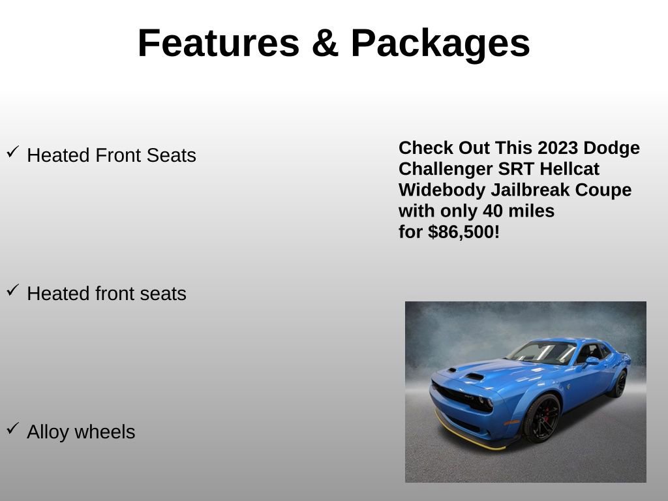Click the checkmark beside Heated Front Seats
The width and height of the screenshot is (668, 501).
click(x=12, y=152)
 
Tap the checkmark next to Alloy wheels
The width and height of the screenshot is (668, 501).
click(x=12, y=429)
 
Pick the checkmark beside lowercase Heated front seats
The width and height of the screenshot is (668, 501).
click(x=12, y=290)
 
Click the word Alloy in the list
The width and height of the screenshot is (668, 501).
click(x=48, y=432)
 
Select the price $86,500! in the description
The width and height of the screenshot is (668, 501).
click(x=464, y=232)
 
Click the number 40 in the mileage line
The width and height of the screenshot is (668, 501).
click(x=493, y=211)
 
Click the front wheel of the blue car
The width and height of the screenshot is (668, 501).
click(x=541, y=418)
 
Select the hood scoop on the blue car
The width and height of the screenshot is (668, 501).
click(x=474, y=376)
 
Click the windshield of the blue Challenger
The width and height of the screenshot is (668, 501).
click(x=541, y=352)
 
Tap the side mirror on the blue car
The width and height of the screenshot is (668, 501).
click(x=591, y=360)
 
